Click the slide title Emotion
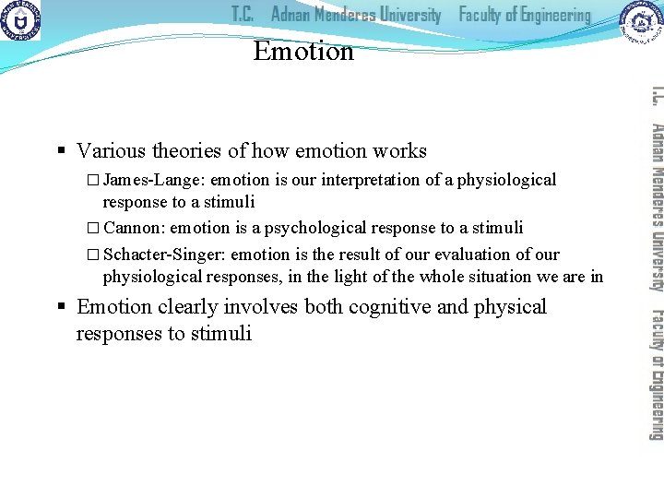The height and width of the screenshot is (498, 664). coord(303,51)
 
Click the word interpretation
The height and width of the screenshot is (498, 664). coord(385,180)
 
